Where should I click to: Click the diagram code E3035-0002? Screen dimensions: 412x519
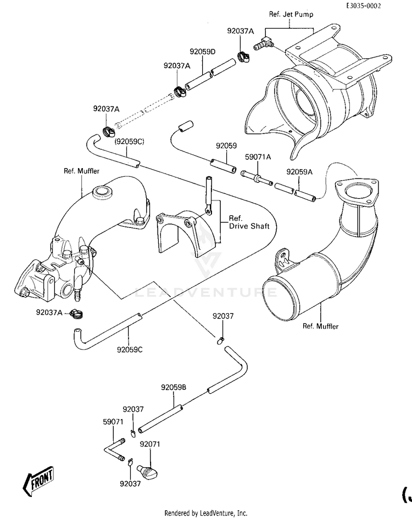tap(364, 5)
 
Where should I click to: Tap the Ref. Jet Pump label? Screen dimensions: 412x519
tap(291, 14)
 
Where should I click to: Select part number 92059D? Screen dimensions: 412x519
tap(203, 52)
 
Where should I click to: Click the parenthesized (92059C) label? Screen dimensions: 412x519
tap(129, 142)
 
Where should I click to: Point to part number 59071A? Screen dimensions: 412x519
tap(258, 157)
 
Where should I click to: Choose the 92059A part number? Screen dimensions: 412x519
tap(299, 172)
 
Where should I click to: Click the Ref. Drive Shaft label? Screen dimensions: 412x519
tap(249, 222)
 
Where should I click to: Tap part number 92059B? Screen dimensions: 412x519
tap(174, 387)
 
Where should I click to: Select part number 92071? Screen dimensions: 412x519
tap(150, 444)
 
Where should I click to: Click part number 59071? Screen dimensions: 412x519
tap(113, 422)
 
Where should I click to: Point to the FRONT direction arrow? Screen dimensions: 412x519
tap(38, 480)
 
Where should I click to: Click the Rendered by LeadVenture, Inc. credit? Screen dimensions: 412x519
tap(205, 513)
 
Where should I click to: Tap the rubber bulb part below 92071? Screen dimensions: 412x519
tap(148, 471)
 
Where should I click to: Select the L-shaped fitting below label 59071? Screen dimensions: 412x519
tap(114, 450)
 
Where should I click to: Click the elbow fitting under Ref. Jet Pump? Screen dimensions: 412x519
tap(264, 43)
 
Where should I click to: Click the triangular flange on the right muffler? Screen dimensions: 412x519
tap(357, 191)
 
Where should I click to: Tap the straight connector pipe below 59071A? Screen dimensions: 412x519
tap(257, 178)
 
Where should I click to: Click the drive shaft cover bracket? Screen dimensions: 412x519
tap(186, 232)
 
